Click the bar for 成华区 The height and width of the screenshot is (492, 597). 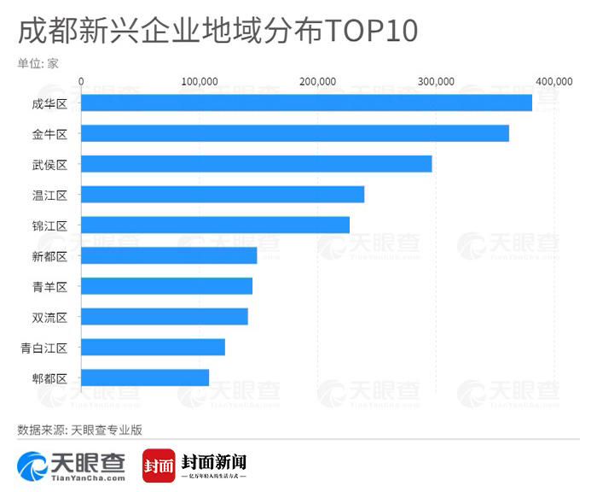pos(306,102)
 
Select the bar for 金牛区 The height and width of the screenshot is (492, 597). pos(295,133)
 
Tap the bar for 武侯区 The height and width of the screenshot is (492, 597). pos(257,164)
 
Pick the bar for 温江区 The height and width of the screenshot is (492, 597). pos(223,194)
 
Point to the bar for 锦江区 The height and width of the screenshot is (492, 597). pos(215,225)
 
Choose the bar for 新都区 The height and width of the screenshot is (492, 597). pos(169,255)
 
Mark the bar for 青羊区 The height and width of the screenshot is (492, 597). pos(166,286)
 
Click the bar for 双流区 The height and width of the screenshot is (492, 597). pos(165,317)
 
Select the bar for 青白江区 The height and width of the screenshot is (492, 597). pos(153,347)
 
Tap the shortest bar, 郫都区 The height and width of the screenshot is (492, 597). pos(145,378)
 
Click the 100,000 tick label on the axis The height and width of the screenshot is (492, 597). pos(200,81)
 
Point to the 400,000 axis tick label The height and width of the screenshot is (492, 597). pos(554,81)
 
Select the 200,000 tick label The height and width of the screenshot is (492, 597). pos(318,81)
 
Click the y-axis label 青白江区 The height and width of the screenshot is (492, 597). pos(50,348)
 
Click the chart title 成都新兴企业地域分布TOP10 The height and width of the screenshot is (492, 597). pos(217,32)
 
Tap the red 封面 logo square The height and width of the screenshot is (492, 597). pos(159,466)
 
